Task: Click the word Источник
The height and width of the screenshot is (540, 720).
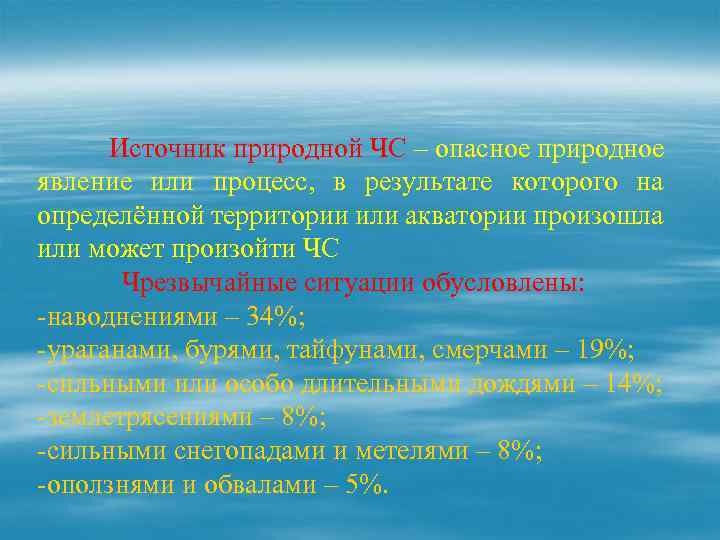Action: pyautogui.click(x=168, y=150)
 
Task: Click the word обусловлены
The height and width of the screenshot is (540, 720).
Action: pyautogui.click(x=504, y=283)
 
